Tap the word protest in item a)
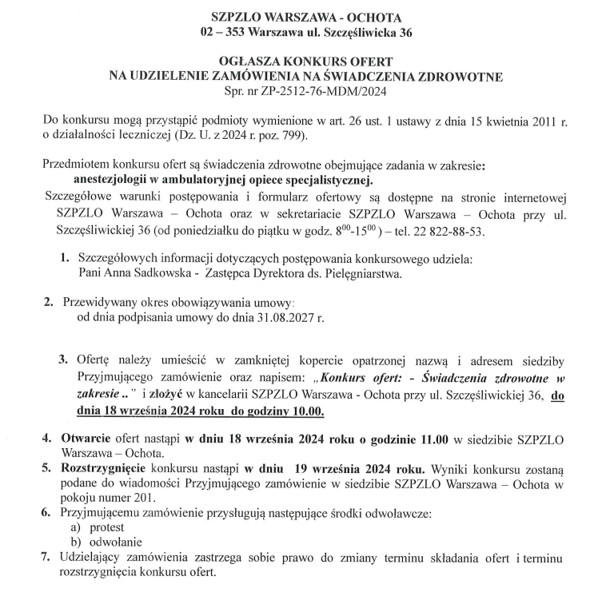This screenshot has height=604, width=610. (107, 530)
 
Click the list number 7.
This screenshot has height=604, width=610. (46, 558)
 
